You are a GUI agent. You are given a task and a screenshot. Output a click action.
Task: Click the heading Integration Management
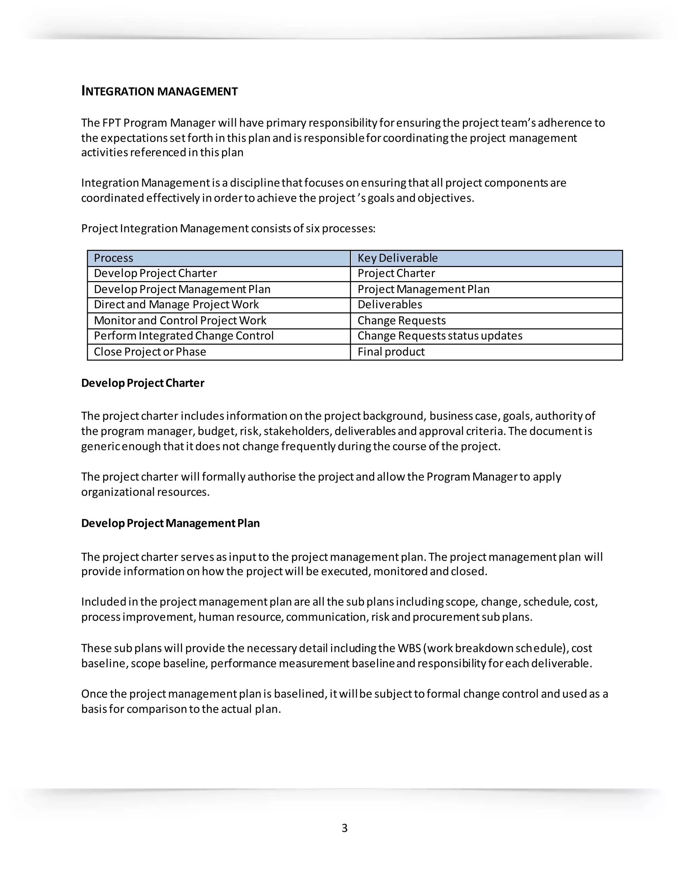click(x=159, y=91)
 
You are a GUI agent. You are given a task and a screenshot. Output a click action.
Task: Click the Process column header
click(x=113, y=258)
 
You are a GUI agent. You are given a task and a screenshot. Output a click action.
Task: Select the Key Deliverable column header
click(x=397, y=258)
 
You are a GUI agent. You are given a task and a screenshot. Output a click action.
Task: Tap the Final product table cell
click(x=391, y=352)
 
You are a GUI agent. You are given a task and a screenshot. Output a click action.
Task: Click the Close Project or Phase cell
click(x=150, y=352)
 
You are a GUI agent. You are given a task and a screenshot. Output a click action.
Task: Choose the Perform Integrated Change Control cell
click(x=183, y=336)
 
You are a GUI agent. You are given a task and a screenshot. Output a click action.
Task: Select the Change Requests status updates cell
click(x=440, y=336)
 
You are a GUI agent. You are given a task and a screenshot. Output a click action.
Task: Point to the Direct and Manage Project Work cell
click(x=176, y=305)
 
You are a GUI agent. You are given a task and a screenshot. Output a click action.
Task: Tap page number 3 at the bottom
click(x=344, y=828)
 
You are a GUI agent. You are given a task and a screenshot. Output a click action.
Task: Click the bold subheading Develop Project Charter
click(x=142, y=383)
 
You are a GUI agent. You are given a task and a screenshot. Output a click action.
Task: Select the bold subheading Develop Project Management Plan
click(x=170, y=524)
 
